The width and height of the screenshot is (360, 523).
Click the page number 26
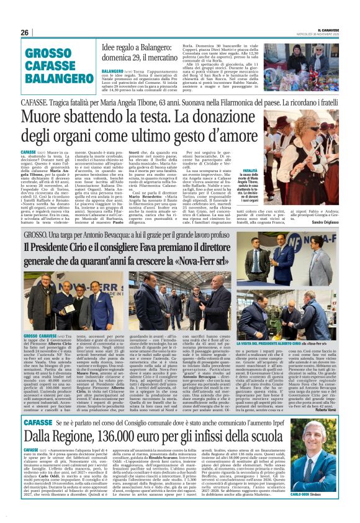tap(24, 32)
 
